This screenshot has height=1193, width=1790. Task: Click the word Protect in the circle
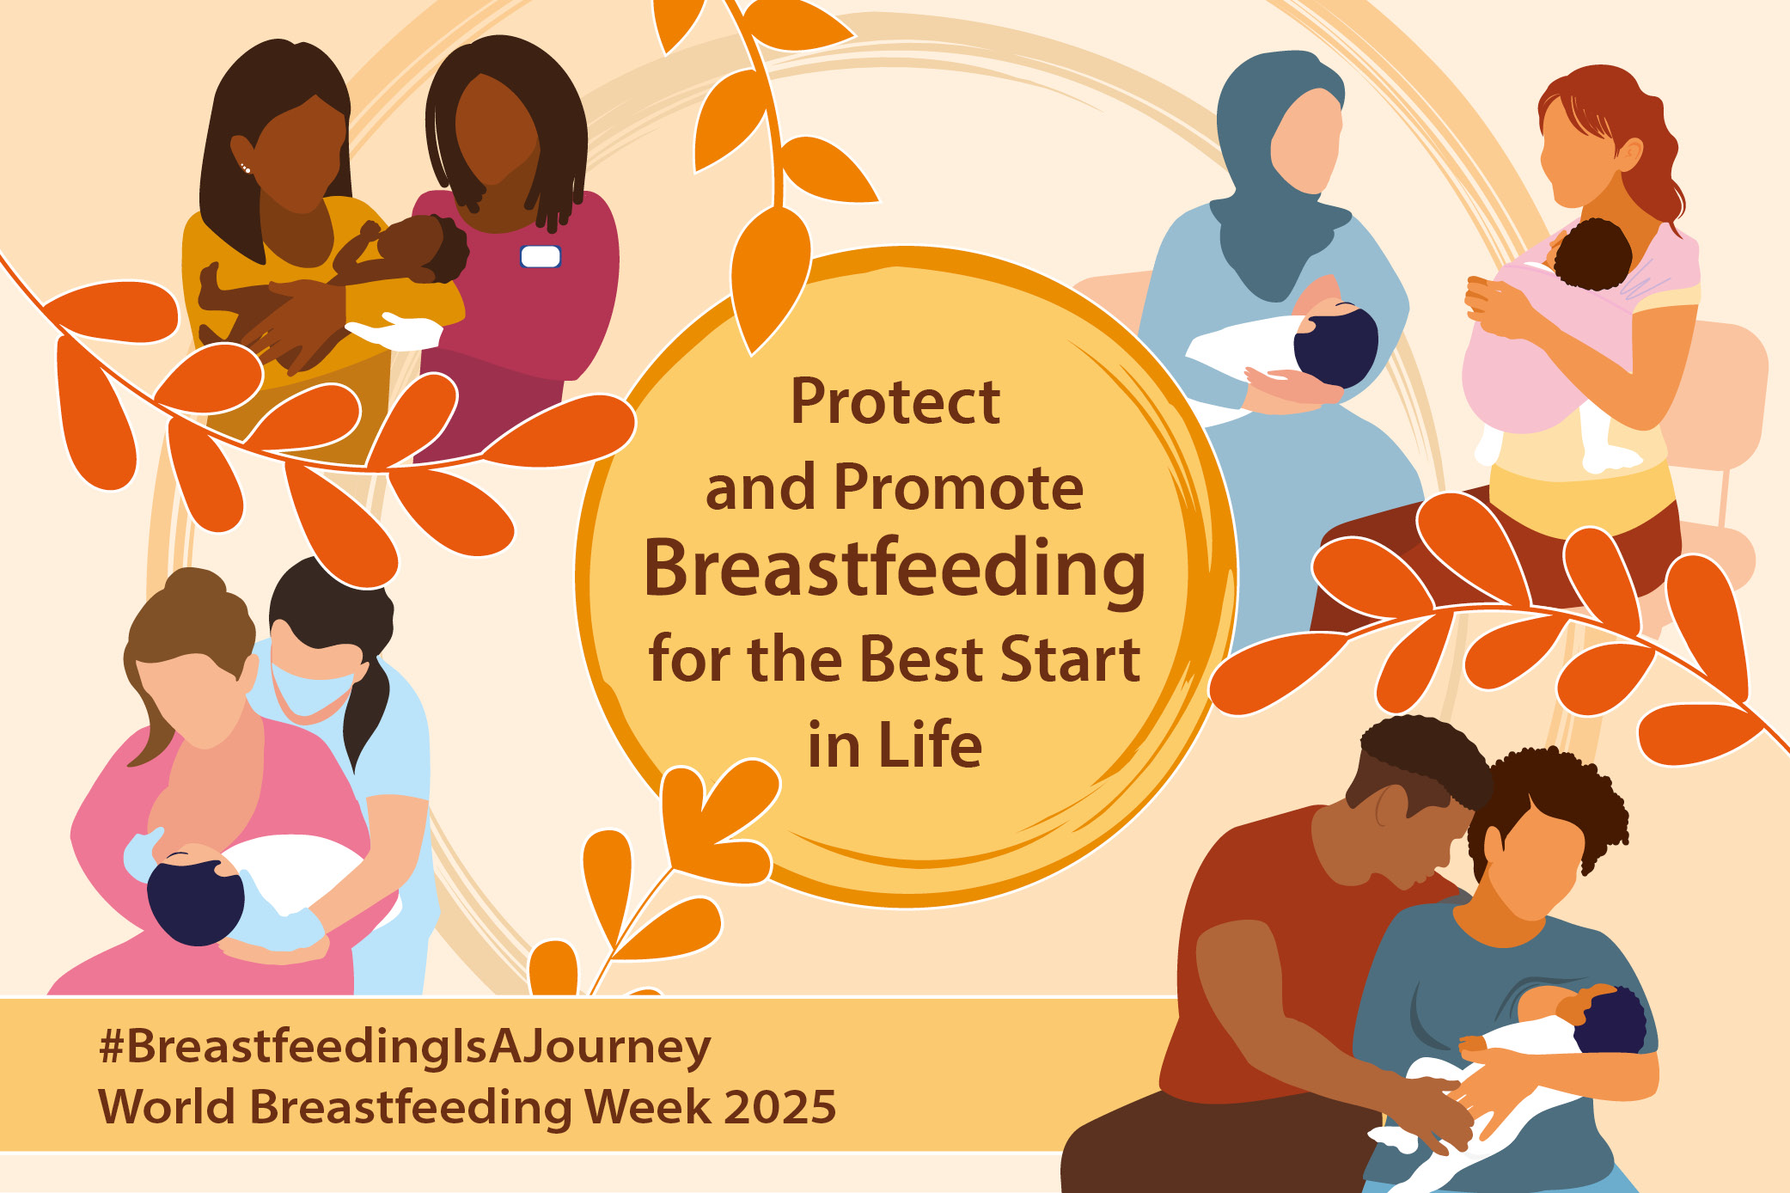(895, 401)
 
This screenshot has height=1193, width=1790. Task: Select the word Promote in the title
(958, 487)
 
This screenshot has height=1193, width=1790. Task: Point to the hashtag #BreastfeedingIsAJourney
(405, 1047)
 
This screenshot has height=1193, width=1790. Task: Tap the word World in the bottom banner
(167, 1106)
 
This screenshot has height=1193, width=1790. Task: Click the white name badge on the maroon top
(541, 256)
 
